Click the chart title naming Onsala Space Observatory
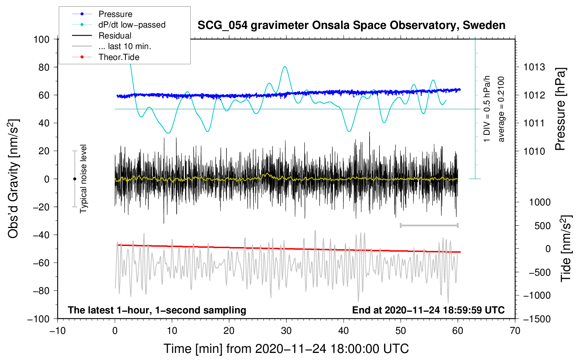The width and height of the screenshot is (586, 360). [x=351, y=25]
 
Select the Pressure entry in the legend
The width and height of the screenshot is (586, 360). [x=115, y=14]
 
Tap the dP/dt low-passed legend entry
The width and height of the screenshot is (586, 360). [x=132, y=25]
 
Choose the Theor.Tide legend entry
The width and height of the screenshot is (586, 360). [x=119, y=57]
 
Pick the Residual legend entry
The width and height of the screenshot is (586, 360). [x=115, y=36]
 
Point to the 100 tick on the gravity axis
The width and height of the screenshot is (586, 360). [x=42, y=39]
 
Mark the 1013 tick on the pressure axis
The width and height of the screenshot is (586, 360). [x=534, y=67]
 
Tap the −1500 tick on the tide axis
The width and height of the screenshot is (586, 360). [x=537, y=319]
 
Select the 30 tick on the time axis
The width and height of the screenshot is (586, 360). [x=286, y=331]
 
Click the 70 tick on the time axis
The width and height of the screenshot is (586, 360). [x=515, y=331]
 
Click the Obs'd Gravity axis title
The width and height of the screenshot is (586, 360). [x=13, y=179]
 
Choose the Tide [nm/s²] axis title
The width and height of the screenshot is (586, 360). [x=566, y=248]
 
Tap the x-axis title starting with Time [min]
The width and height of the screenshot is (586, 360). [x=286, y=349]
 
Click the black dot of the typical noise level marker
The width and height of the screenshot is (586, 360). [x=74, y=179]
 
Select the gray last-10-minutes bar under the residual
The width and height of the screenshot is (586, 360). [x=429, y=225]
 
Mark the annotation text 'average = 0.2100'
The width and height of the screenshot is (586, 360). [x=501, y=109]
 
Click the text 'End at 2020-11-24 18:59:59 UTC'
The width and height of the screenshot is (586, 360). [x=428, y=310]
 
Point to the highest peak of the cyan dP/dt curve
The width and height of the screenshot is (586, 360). [x=285, y=67]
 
